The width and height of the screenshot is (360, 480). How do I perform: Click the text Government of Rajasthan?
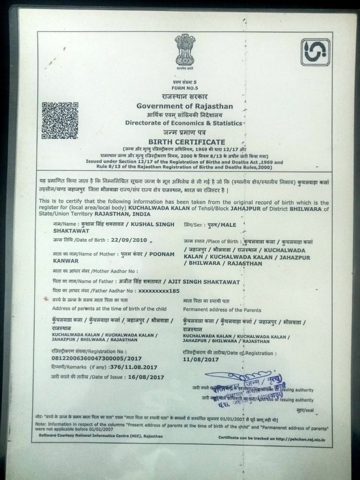coord(184,105)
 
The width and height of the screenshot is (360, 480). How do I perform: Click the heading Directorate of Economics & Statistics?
coord(184,123)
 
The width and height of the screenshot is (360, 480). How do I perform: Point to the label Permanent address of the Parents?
coord(222,310)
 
